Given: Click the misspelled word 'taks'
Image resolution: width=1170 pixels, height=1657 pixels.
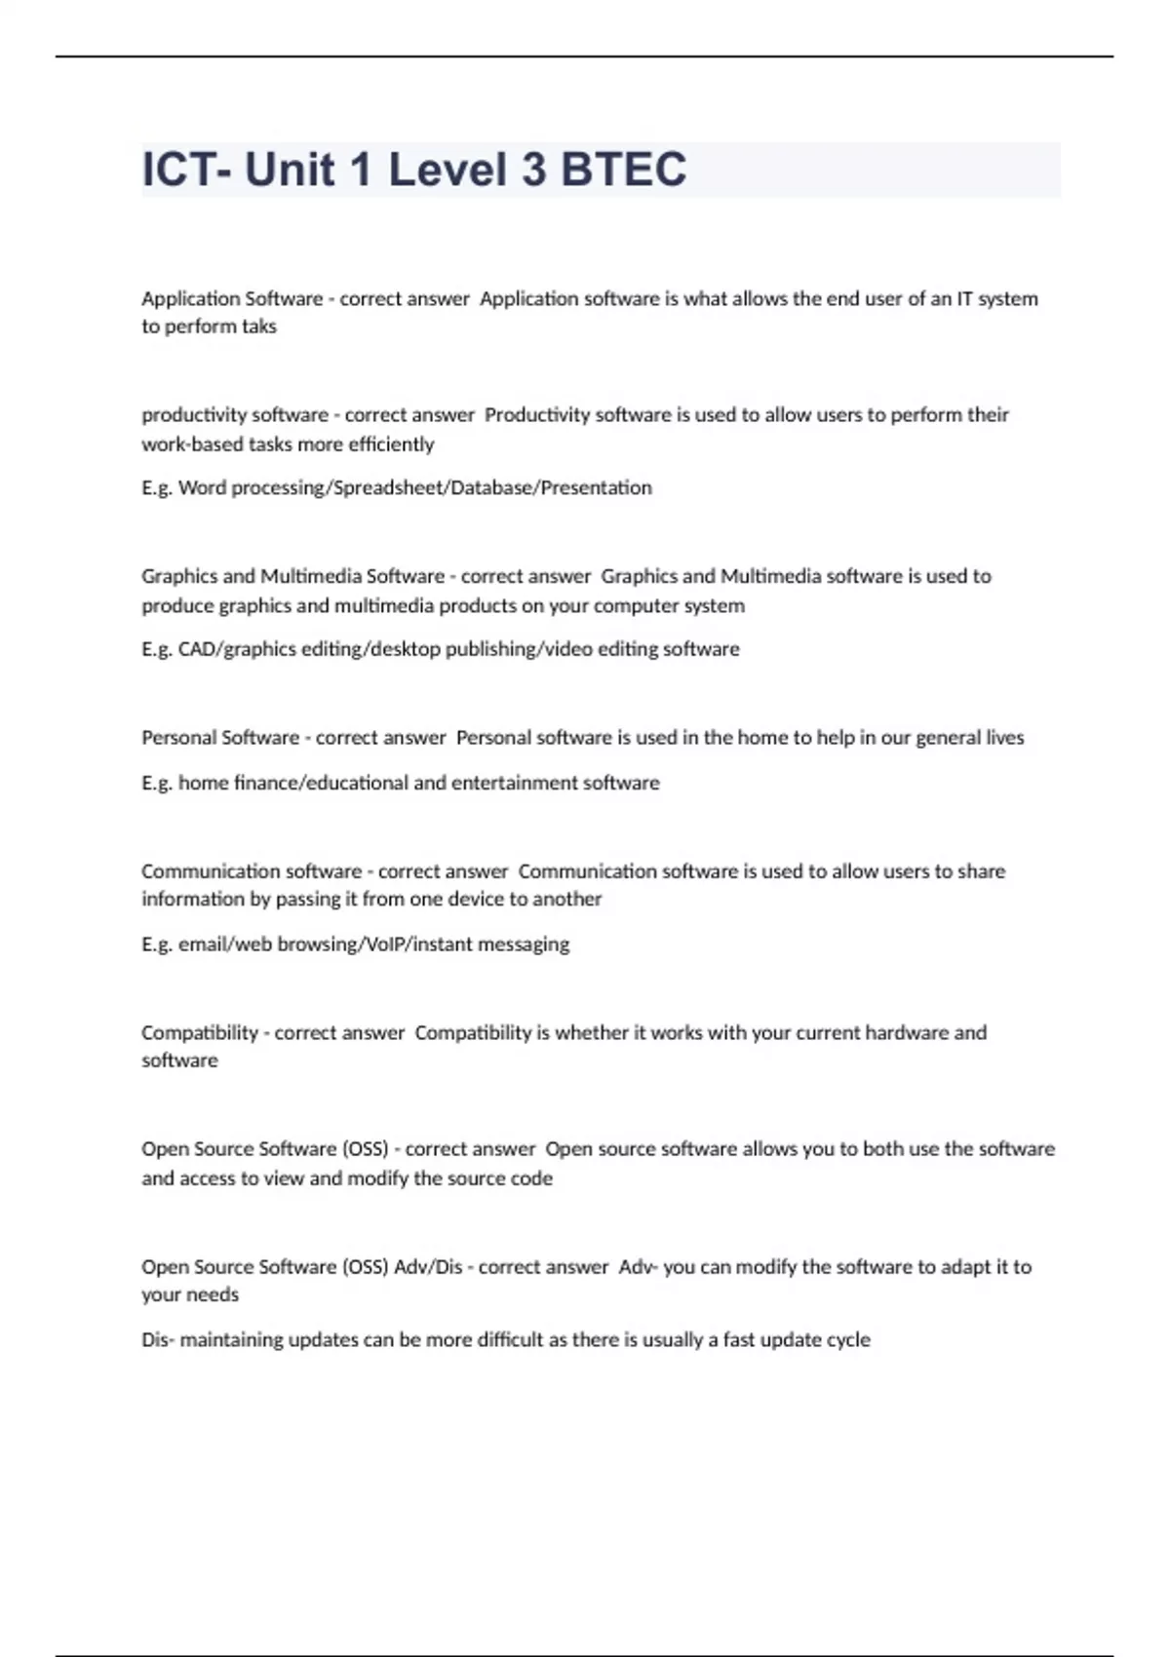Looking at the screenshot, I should tap(258, 327).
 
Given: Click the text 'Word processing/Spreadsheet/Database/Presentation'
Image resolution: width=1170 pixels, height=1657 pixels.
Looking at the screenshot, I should tap(415, 487).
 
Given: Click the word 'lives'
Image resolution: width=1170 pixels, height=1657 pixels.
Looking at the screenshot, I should tap(1005, 738).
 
